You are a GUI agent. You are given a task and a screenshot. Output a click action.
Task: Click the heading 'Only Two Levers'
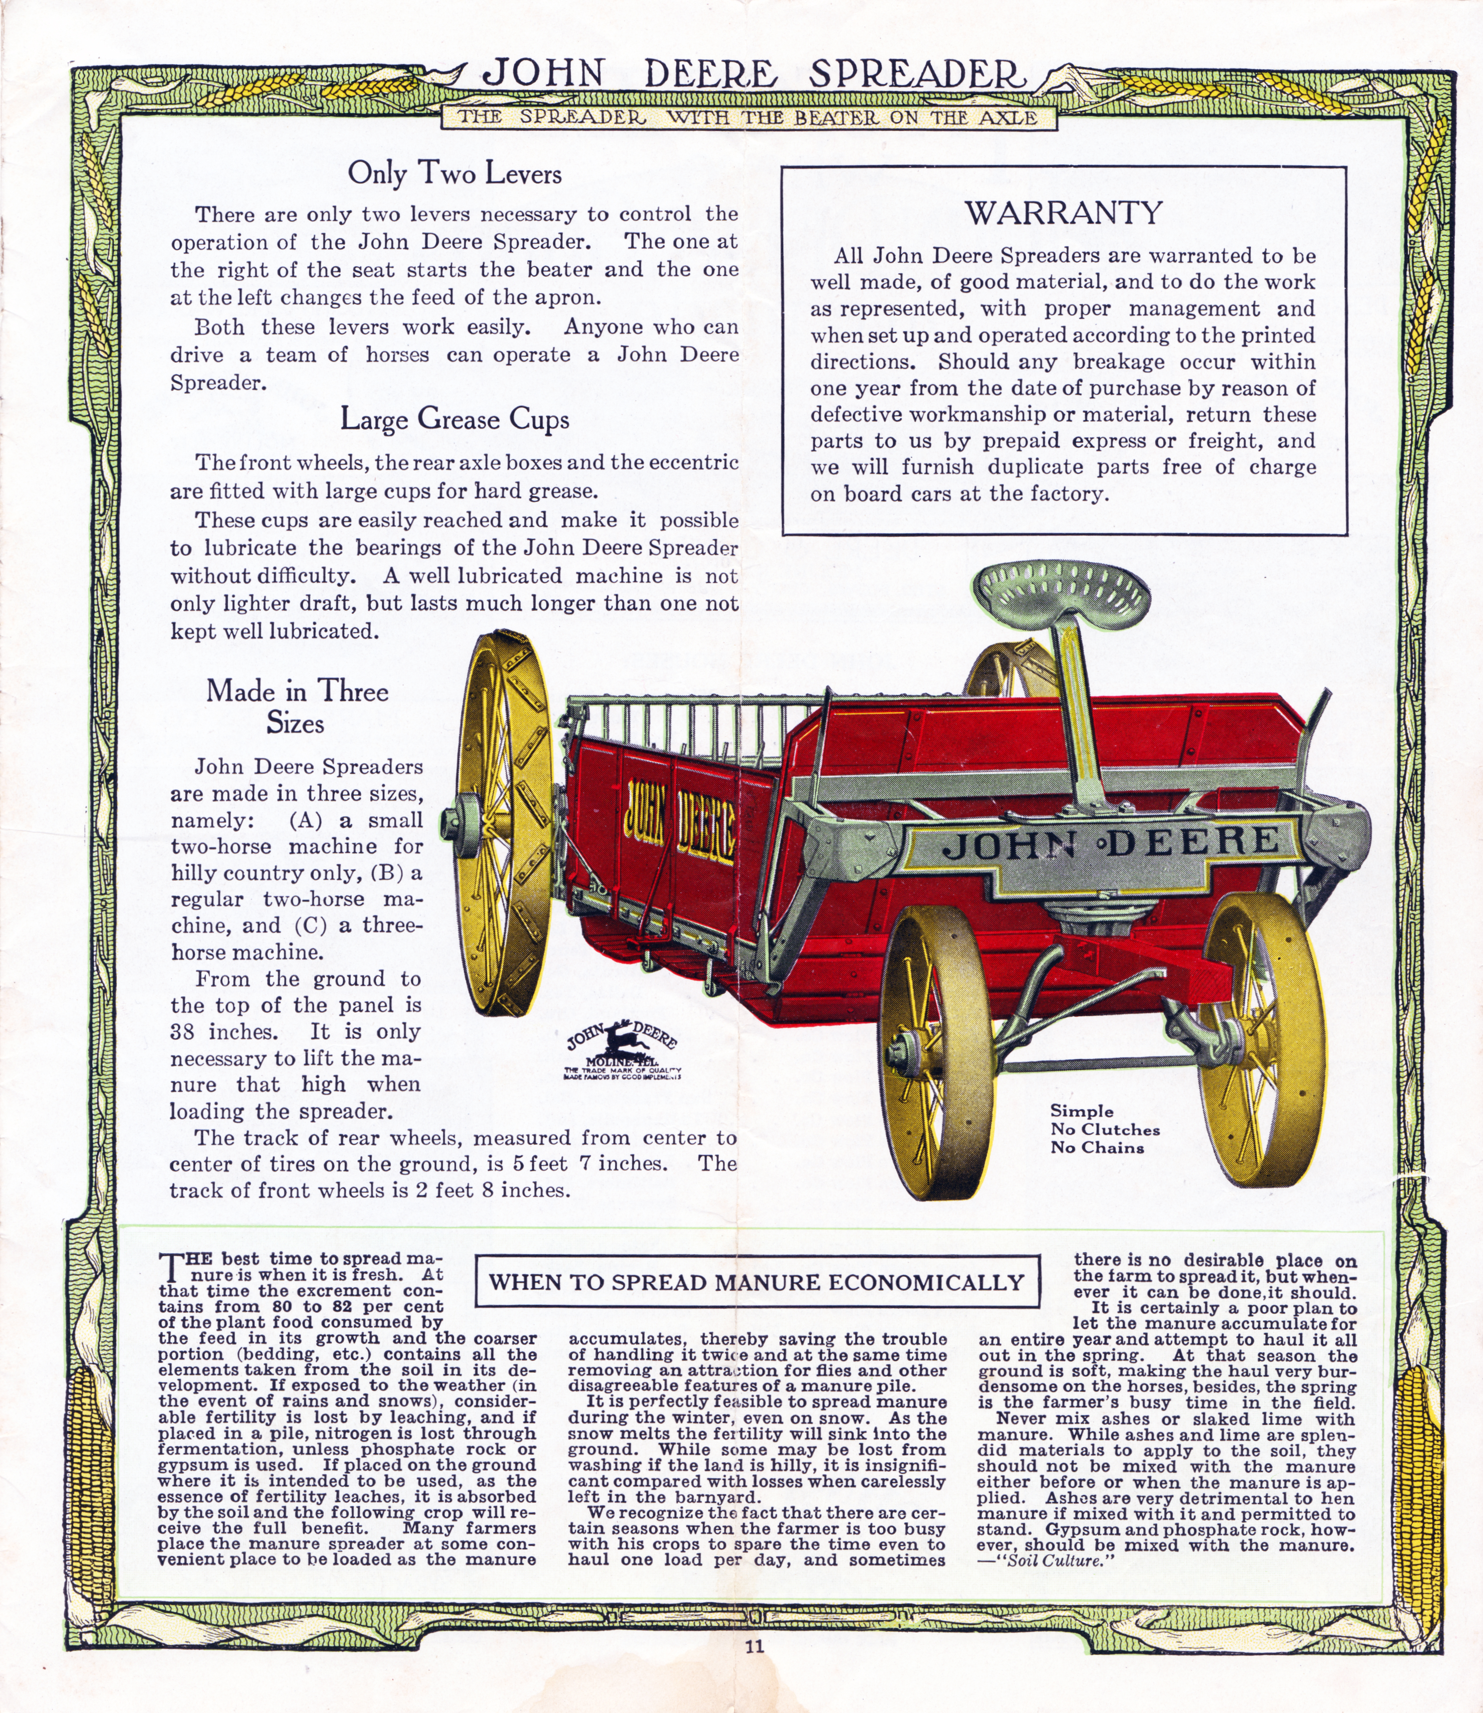(x=454, y=174)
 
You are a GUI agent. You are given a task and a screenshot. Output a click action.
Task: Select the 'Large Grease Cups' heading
(x=454, y=420)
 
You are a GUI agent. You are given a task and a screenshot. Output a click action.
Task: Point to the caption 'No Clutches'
(x=1105, y=1130)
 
